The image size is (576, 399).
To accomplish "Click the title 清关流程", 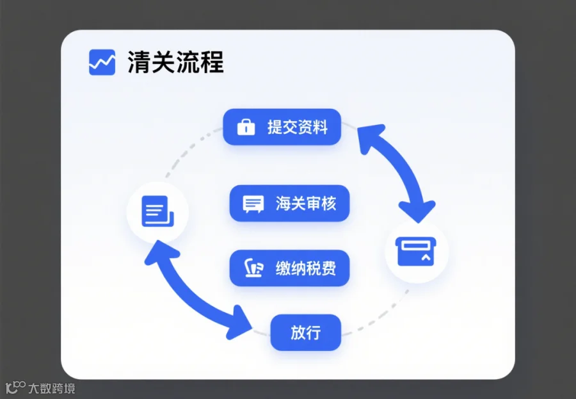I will point(175,63).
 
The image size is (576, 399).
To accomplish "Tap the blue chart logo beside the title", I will point(102,63).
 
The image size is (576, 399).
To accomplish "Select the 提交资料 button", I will point(282,127).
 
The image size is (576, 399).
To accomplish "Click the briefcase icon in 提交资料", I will point(246,127).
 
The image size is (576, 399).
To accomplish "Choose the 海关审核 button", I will point(289,204).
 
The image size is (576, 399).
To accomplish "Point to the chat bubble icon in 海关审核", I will point(253,204).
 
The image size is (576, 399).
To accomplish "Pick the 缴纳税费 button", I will point(289,268).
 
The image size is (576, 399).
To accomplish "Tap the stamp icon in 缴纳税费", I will point(253,268).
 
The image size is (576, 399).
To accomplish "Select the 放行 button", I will point(305,332).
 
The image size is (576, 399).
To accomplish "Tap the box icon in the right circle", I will point(417,251).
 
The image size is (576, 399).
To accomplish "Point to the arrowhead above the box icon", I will point(416,211).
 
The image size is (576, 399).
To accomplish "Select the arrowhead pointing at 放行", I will point(242,322).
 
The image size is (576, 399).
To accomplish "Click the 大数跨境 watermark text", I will point(52,388).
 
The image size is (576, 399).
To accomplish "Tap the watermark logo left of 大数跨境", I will point(15,388).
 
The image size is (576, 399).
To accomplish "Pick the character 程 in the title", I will point(211,63).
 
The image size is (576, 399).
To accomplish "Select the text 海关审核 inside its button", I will point(306,204).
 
